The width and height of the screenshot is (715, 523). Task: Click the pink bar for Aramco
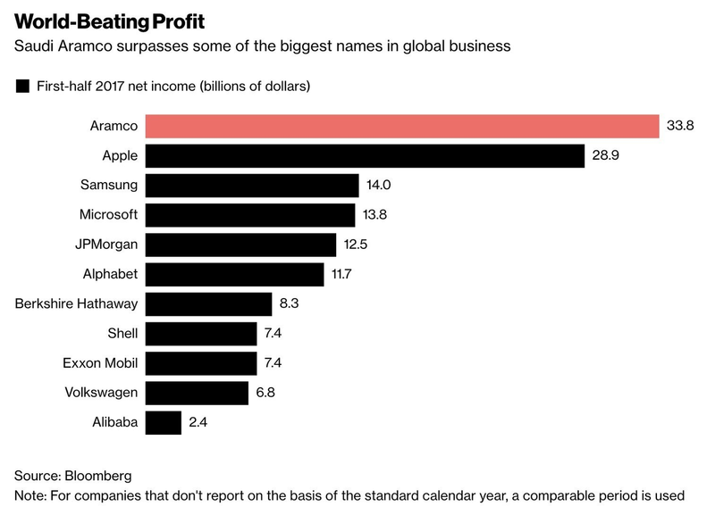pos(402,126)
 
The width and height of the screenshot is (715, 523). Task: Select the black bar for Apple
pos(365,156)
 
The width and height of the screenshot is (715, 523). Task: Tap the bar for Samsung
pos(252,186)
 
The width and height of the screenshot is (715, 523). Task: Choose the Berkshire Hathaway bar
pos(208,303)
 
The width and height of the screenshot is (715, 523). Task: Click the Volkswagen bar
pos(197,393)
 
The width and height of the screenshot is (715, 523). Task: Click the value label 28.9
pos(606,156)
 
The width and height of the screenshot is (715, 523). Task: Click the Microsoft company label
pos(108,215)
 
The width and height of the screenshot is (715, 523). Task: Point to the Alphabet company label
pos(109,274)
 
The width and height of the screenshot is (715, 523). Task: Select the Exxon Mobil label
pos(100,363)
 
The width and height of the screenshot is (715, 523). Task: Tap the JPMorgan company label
pos(107,245)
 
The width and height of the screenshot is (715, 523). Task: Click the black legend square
pos(22,87)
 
